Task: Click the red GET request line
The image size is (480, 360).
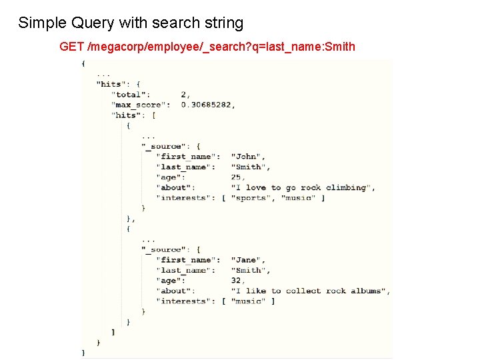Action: point(207,47)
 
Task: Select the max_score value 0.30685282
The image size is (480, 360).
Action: point(207,105)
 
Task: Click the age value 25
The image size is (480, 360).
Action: point(237,177)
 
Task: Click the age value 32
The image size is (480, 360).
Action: point(237,281)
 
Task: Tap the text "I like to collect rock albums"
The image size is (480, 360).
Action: point(309,291)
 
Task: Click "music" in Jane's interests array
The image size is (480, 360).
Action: point(249,301)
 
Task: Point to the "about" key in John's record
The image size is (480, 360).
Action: point(174,188)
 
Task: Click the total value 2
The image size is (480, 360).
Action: point(185,95)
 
